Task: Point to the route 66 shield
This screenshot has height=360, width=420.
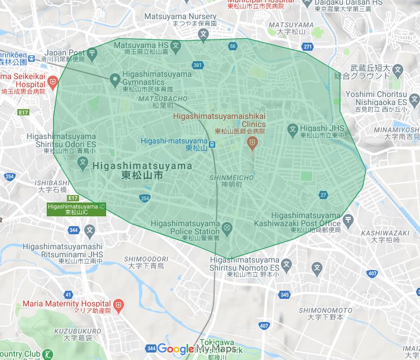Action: click(x=232, y=46)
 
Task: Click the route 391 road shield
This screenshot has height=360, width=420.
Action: click(x=197, y=65)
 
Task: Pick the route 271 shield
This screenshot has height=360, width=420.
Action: click(x=308, y=47)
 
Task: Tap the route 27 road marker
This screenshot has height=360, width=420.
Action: click(x=323, y=194)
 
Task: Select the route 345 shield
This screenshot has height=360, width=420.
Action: click(x=284, y=295)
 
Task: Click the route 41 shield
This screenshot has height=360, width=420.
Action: click(x=69, y=294)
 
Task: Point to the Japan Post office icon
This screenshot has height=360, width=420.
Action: click(x=92, y=55)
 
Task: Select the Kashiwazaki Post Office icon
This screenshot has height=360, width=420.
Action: click(x=348, y=219)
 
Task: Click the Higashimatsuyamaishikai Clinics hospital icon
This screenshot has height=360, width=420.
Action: click(x=252, y=141)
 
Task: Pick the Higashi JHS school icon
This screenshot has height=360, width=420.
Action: click(x=292, y=129)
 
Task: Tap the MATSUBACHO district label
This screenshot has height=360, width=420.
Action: click(x=159, y=99)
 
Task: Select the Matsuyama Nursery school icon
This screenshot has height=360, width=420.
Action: click(x=203, y=34)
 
